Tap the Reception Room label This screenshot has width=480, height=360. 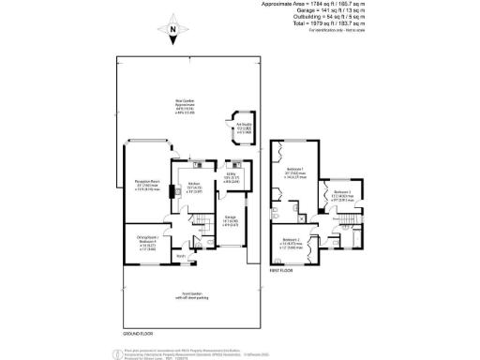tap(139, 185)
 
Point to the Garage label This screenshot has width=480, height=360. tap(231, 248)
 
